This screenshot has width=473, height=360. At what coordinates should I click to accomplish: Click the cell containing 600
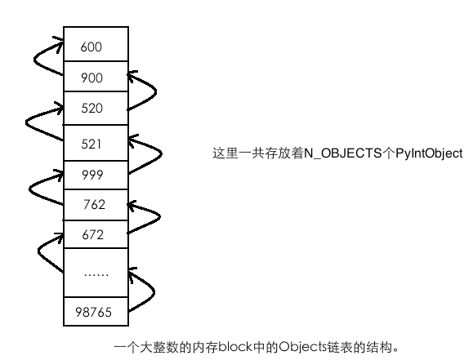[x=96, y=44]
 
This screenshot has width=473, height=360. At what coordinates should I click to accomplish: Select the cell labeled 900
[x=96, y=76]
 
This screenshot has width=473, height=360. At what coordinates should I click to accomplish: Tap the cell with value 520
[x=96, y=108]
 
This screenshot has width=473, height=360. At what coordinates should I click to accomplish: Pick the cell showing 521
[x=96, y=143]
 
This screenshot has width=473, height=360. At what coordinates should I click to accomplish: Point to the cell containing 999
[x=96, y=175]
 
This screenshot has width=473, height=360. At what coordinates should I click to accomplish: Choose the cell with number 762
[x=96, y=205]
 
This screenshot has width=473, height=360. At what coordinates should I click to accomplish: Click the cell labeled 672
[x=96, y=234]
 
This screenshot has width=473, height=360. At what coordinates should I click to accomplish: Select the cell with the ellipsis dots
[x=96, y=273]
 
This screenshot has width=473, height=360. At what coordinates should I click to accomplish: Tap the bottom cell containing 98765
[x=96, y=312]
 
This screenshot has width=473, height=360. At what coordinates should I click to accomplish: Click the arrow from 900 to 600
[x=34, y=60]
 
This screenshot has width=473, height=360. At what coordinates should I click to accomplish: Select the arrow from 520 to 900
[x=156, y=91]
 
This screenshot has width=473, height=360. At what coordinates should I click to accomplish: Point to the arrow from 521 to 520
[x=26, y=123]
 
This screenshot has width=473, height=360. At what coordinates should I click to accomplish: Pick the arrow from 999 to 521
[x=162, y=153]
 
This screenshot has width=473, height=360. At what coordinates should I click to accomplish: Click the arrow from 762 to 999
[x=29, y=189]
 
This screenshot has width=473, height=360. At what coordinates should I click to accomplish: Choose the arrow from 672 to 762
[x=160, y=216]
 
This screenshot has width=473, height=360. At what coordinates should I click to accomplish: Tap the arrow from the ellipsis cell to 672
[x=38, y=251]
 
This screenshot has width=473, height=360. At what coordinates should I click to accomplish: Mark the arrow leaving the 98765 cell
[x=154, y=292]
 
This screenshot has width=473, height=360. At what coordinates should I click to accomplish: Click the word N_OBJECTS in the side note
[x=343, y=153]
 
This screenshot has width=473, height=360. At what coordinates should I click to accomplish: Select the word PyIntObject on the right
[x=429, y=153]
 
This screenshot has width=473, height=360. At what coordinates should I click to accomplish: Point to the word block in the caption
[x=235, y=347]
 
